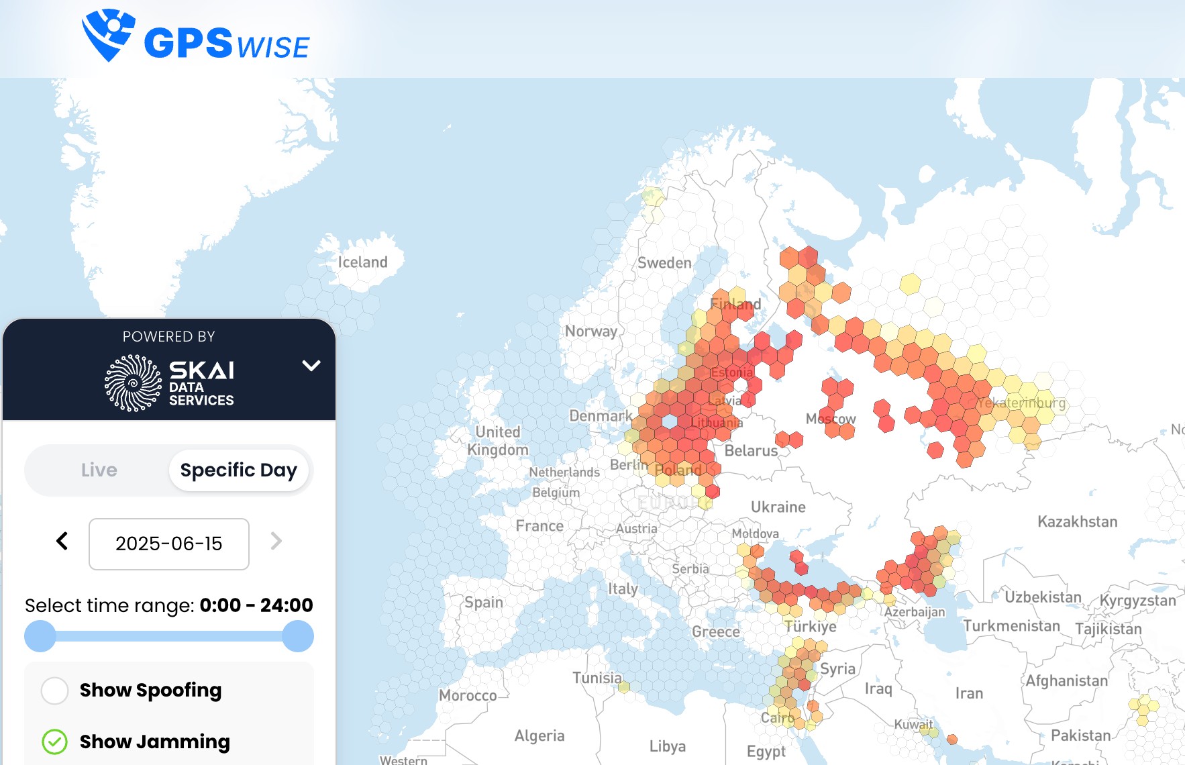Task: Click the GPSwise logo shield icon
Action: (x=107, y=34)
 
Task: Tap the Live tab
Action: (x=99, y=470)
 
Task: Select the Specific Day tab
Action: (x=238, y=470)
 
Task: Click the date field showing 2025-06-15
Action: (x=169, y=544)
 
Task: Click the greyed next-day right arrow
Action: (x=276, y=541)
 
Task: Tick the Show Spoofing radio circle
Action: (x=55, y=691)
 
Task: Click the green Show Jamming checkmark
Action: (x=55, y=742)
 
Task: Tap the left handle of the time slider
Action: (x=40, y=636)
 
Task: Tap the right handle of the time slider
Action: (x=298, y=636)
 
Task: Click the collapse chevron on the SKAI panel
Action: (x=311, y=366)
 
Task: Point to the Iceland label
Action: (x=362, y=262)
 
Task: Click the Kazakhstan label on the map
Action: (x=1077, y=522)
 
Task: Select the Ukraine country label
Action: (x=778, y=507)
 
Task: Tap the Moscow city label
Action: (x=831, y=419)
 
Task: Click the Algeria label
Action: (x=539, y=736)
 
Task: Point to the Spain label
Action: (x=483, y=603)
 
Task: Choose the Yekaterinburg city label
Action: (x=1021, y=403)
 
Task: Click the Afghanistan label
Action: (x=1066, y=681)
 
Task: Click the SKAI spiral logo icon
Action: (x=133, y=383)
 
